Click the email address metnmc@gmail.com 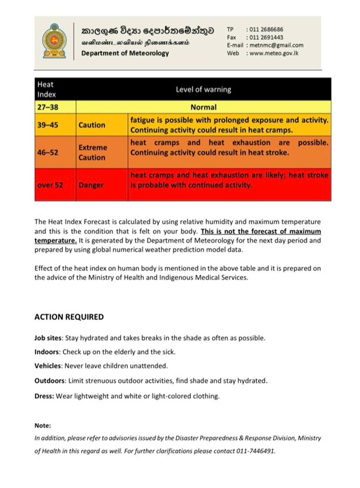(x=277, y=45)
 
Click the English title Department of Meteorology (x=125, y=53)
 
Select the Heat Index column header (x=46, y=89)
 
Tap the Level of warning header (x=203, y=89)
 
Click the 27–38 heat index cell (x=48, y=109)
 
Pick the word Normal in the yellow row (x=203, y=109)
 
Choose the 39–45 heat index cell (x=48, y=125)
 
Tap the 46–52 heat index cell (x=48, y=152)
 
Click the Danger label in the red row (x=91, y=185)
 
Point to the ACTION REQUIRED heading (x=68, y=317)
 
